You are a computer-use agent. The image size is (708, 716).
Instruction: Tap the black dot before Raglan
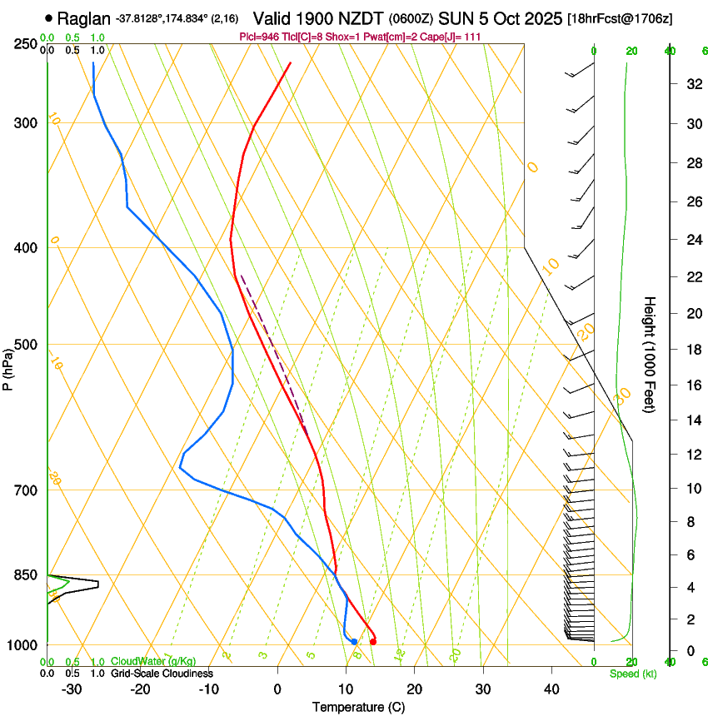(50, 17)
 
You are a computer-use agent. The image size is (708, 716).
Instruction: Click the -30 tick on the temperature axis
(72, 689)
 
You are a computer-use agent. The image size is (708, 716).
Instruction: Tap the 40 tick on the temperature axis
(551, 689)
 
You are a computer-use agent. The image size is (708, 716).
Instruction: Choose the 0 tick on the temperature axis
(277, 689)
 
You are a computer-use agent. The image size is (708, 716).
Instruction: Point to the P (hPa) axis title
(8, 368)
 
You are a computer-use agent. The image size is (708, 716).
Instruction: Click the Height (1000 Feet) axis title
(650, 354)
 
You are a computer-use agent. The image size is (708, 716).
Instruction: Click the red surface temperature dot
(372, 641)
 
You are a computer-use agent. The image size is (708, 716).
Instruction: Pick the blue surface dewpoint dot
(354, 641)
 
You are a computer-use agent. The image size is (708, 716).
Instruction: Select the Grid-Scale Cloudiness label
(162, 673)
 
